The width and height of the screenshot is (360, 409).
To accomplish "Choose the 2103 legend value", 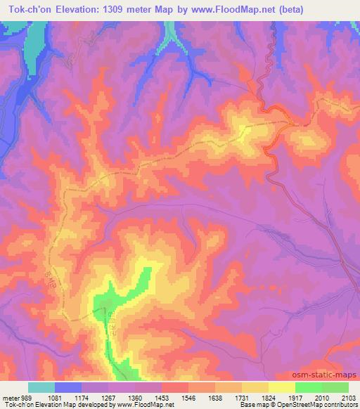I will [347, 397].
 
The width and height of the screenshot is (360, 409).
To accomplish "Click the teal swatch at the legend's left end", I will [41, 387].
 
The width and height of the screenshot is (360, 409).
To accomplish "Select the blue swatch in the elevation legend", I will [67, 387].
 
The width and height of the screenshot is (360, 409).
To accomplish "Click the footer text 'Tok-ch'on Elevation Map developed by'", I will [53, 405].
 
